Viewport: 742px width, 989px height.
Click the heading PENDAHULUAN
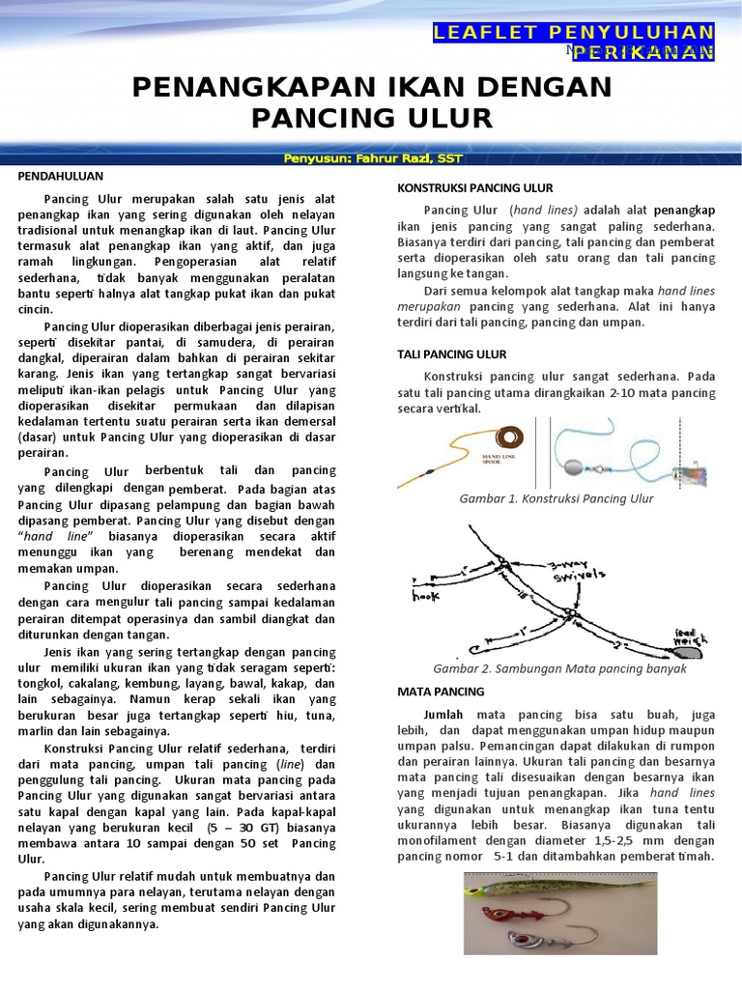point(61,177)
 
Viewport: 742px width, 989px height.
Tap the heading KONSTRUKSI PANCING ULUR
point(475,187)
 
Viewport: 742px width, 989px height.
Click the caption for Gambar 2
point(559,668)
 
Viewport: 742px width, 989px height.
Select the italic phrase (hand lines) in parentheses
point(544,210)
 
